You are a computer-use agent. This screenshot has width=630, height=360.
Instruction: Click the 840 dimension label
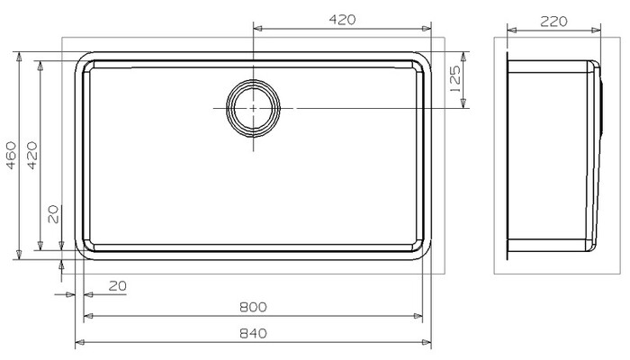pyautogui.click(x=253, y=334)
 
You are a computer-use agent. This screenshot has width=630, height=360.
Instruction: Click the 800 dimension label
pyautogui.click(x=253, y=308)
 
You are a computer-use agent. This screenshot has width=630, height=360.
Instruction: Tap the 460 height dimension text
pyautogui.click(x=11, y=155)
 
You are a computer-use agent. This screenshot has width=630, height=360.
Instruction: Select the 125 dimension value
pyautogui.click(x=455, y=79)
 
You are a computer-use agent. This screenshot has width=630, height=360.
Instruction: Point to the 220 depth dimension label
pyautogui.click(x=553, y=22)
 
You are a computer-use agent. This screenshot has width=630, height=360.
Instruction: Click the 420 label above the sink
pyautogui.click(x=342, y=20)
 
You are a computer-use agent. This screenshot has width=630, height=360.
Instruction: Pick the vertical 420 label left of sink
pyautogui.click(x=31, y=155)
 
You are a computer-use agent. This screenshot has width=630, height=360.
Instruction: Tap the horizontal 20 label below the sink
pyautogui.click(x=118, y=286)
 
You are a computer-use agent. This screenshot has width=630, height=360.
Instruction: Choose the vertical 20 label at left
pyautogui.click(x=53, y=214)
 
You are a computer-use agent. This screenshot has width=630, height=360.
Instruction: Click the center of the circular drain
pyautogui.click(x=254, y=109)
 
